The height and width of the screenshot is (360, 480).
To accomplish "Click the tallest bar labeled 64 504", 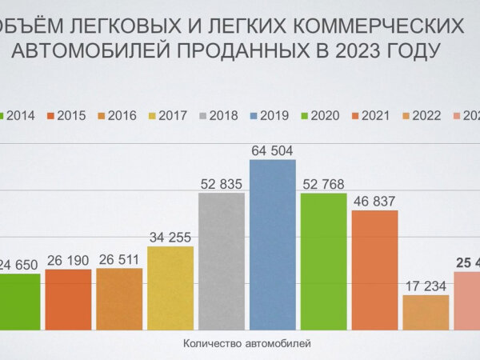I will pos(272,244).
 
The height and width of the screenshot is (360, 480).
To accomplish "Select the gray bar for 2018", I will pos(222,260).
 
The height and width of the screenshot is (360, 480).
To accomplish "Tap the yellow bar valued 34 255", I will pos(170,287).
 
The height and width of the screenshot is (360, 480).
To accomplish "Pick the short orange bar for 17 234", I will pos(426,312).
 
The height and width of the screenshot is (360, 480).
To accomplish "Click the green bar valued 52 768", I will pos(323,260).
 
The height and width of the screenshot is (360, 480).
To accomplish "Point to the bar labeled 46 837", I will pos(374,269).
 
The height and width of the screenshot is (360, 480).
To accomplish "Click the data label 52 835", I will pos(222,182).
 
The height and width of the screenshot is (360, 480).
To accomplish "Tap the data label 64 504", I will pos(272,150).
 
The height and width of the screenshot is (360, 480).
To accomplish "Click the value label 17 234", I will pos(426,285).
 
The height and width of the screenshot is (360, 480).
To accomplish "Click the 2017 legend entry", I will pos(168,115).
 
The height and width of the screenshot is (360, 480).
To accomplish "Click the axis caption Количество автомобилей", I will pos(246,344).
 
